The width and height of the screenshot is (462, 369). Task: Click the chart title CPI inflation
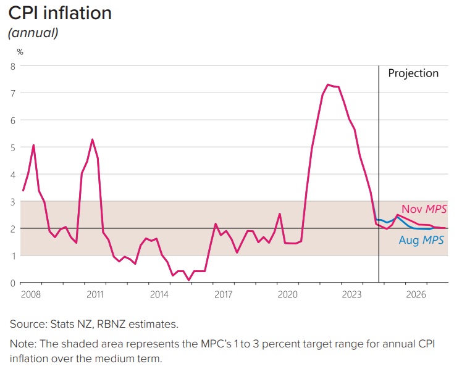(60, 13)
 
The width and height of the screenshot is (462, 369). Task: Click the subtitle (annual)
(33, 33)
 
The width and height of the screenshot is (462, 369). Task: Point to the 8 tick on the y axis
(12, 65)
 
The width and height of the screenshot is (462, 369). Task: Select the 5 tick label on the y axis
(12, 147)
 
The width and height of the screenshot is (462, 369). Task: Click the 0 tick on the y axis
(12, 283)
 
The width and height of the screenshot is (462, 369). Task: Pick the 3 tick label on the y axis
(12, 201)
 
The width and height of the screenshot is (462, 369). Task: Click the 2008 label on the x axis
(31, 294)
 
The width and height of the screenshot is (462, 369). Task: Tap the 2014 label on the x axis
(159, 294)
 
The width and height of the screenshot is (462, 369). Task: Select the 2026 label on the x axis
(414, 294)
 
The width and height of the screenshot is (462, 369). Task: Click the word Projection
(413, 73)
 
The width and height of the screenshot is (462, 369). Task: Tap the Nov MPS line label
(424, 210)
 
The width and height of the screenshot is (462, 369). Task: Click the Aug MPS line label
(421, 241)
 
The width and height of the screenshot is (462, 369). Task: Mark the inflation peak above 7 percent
(328, 85)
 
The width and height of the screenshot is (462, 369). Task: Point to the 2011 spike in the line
(92, 139)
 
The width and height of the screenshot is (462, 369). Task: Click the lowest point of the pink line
(188, 280)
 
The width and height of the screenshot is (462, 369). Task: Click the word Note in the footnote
(21, 344)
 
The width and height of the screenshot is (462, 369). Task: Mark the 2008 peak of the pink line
(33, 145)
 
